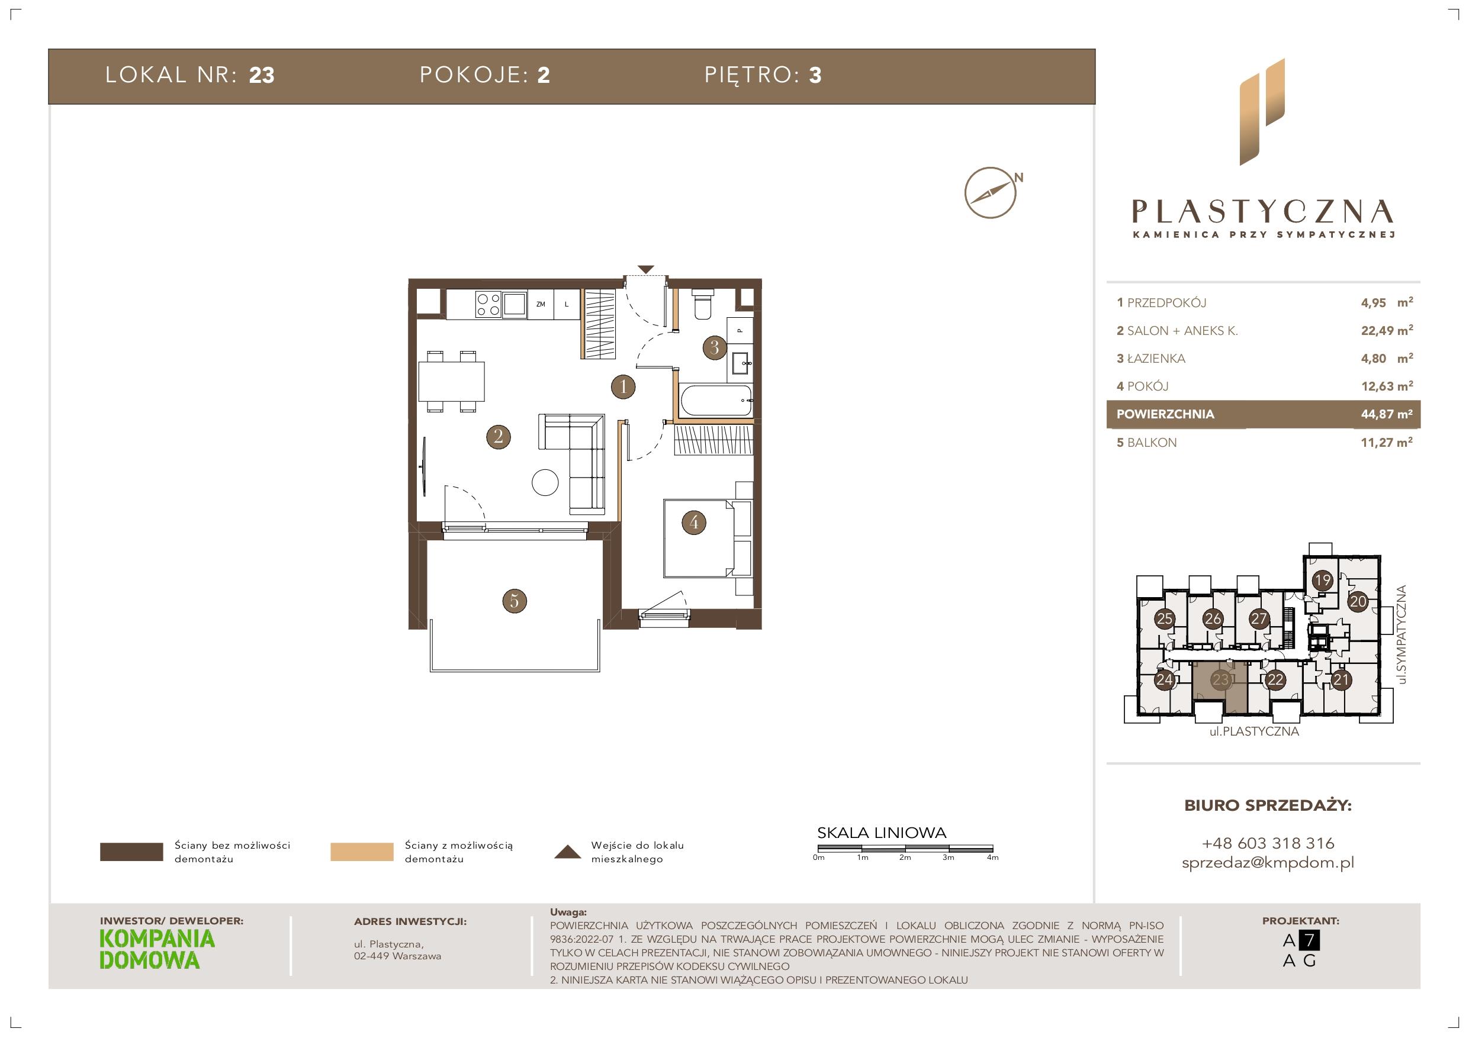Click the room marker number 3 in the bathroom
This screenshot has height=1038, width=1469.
point(715,347)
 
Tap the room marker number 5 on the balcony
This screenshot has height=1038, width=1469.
point(515,601)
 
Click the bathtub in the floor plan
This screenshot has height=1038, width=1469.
point(716,401)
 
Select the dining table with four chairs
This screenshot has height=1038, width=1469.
point(451,381)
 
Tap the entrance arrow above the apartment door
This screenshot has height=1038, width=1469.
point(645,270)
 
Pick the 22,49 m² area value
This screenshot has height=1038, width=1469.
point(1387,331)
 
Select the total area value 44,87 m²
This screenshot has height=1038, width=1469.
point(1387,414)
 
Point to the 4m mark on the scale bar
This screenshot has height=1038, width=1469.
point(992,858)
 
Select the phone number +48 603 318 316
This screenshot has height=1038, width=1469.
point(1268,843)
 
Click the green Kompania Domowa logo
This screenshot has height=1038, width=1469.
point(157,950)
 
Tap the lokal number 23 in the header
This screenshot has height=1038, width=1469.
point(262,76)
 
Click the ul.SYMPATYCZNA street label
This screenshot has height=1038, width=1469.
point(1403,634)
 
